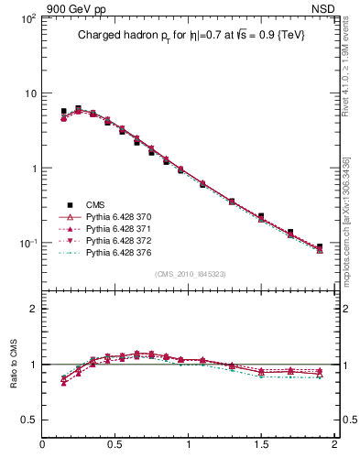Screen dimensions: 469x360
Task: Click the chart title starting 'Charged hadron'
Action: click(190, 34)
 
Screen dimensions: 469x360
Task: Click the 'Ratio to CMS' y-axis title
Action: click(14, 382)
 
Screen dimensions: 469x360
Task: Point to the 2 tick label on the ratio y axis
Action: click(33, 309)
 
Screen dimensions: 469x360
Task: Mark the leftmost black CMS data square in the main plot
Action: click(63, 112)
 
